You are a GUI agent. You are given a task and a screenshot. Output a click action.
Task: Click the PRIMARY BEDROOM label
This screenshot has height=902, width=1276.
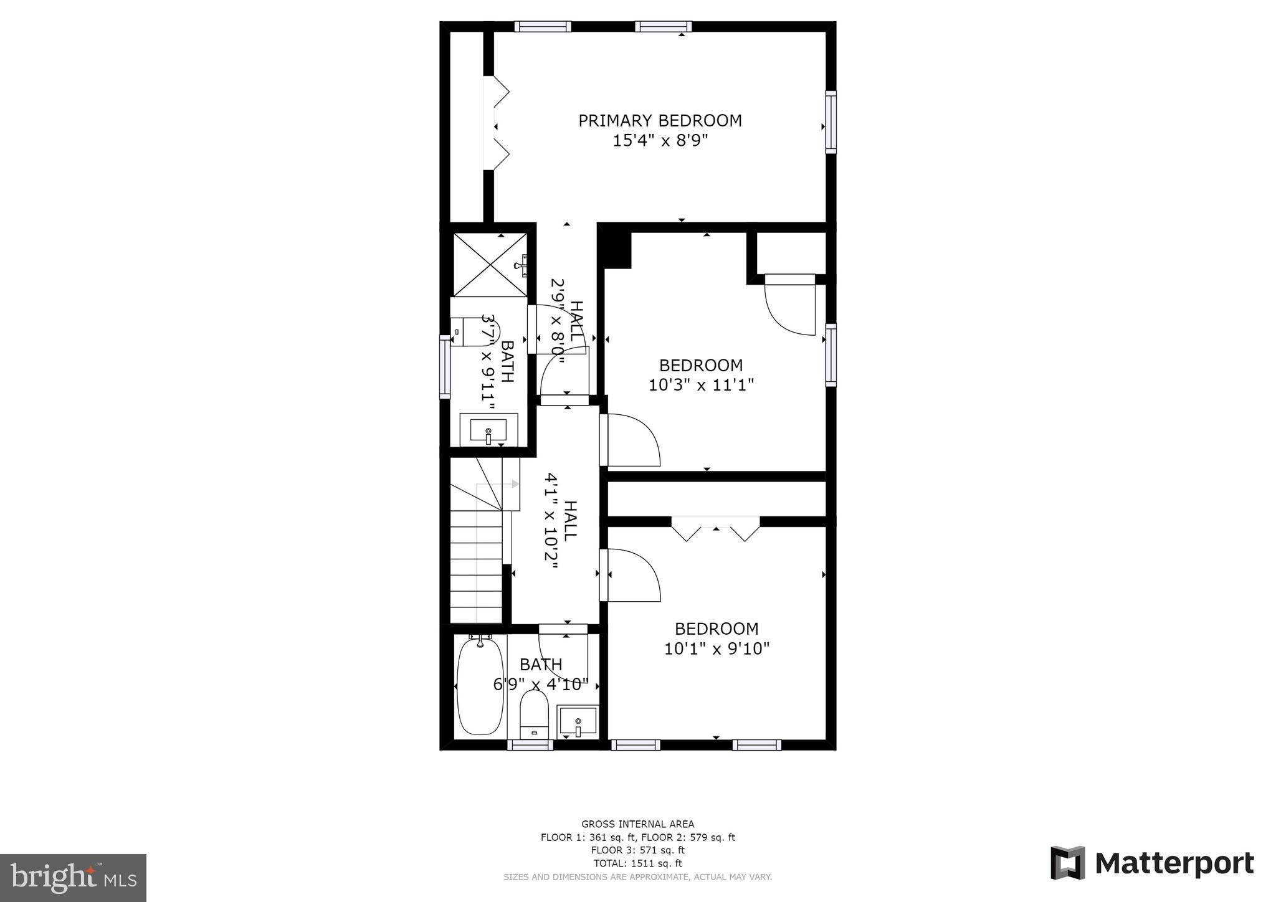(660, 120)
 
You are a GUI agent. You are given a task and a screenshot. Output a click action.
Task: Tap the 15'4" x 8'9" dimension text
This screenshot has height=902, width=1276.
(660, 141)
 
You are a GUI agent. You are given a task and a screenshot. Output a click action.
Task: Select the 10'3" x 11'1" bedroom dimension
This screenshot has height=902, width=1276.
(701, 385)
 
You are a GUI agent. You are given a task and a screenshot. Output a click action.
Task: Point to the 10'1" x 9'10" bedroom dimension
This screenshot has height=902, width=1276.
(717, 649)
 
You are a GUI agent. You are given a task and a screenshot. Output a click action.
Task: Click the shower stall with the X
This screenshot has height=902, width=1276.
(490, 265)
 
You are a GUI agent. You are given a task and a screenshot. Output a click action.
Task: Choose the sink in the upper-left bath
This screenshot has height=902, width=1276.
(488, 430)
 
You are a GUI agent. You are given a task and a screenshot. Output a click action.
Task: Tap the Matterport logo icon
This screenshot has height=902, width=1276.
(1068, 863)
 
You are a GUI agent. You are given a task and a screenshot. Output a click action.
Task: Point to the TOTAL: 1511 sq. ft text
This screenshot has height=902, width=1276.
(637, 863)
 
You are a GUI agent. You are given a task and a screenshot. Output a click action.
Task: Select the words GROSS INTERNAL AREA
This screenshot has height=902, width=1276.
(637, 824)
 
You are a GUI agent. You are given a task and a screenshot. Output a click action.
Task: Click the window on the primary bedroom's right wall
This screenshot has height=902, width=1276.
(831, 122)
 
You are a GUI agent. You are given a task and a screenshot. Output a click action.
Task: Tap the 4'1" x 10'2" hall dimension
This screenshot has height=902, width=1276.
(551, 521)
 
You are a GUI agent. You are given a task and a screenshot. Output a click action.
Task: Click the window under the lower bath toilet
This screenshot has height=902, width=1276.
(530, 745)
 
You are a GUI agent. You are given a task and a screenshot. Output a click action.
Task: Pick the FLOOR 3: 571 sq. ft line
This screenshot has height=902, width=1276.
(637, 850)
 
